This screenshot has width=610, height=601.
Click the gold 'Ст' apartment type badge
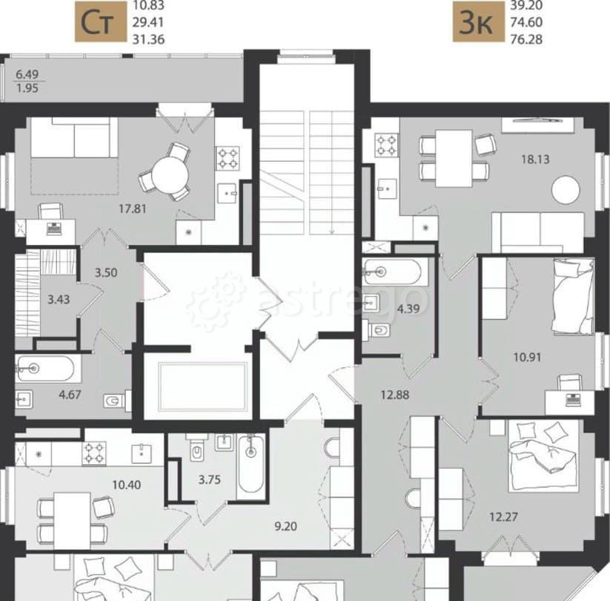[99, 23]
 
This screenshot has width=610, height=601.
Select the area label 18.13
[533, 158]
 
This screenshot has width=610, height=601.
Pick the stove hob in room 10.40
[94, 450]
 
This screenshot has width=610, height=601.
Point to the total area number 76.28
[526, 39]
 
